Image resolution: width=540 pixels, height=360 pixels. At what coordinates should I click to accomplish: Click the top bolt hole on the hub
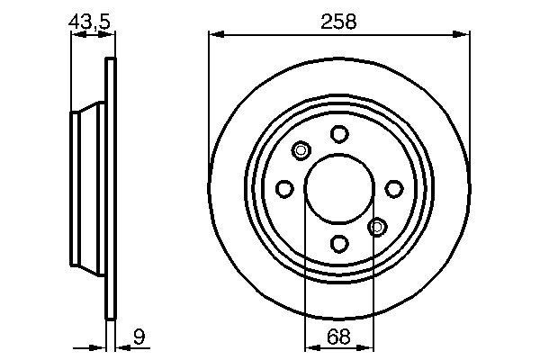pyautogui.click(x=339, y=134)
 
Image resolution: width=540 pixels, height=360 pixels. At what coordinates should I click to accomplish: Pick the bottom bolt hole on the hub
pyautogui.click(x=339, y=243)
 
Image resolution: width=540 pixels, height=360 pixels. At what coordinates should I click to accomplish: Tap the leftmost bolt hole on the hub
pyautogui.click(x=285, y=189)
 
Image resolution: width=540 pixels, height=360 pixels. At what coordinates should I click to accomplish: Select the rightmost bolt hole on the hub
pyautogui.click(x=394, y=188)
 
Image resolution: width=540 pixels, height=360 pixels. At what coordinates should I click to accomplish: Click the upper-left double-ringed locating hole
pyautogui.click(x=301, y=150)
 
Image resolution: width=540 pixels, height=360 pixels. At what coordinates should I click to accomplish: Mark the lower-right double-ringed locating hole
pyautogui.click(x=378, y=226)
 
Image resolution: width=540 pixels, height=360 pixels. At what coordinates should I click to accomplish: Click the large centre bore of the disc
pyautogui.click(x=339, y=189)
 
